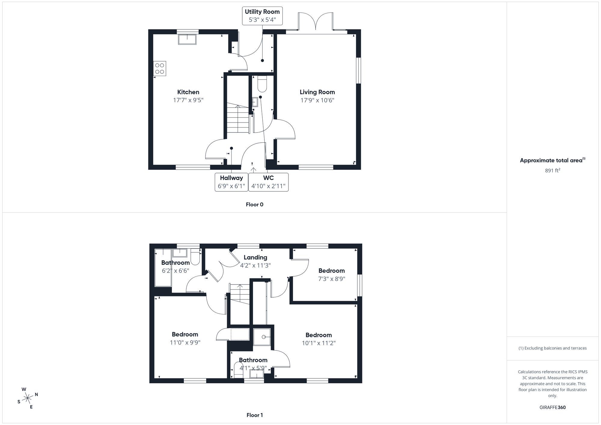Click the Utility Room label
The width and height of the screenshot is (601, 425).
(x=262, y=12)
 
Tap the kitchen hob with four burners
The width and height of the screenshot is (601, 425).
(x=160, y=68)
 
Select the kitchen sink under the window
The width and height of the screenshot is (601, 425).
(x=187, y=39)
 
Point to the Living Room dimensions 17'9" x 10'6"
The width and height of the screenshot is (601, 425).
(x=317, y=100)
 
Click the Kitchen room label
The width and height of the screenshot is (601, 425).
(x=188, y=92)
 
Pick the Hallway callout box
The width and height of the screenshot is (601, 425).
(x=231, y=182)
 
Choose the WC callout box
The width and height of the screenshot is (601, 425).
(x=268, y=182)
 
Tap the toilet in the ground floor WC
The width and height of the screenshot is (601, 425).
(x=262, y=84)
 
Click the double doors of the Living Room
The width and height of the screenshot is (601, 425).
(x=316, y=22)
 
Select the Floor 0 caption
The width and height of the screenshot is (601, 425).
(x=255, y=205)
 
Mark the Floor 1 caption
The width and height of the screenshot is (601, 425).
(x=255, y=415)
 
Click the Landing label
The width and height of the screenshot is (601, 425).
(x=255, y=257)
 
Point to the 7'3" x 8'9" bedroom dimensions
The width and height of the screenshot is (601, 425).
(x=331, y=279)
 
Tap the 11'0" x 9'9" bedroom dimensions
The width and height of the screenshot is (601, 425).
(x=185, y=342)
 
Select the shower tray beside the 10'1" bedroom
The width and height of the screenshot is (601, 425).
(x=262, y=337)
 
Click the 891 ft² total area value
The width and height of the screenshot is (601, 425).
(x=552, y=171)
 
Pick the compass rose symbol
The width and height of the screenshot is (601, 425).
(x=28, y=398)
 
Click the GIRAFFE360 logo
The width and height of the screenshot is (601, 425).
(x=552, y=408)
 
